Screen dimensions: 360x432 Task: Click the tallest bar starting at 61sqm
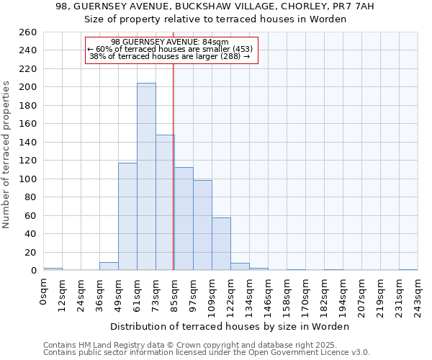pos(146,176)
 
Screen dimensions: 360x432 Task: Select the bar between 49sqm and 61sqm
pos(127,216)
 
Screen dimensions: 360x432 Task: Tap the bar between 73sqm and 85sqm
pos(165,202)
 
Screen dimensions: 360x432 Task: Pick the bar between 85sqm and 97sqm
pos(184,219)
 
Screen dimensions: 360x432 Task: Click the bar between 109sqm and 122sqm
pos(221,243)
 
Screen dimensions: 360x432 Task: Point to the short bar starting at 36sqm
pos(109,266)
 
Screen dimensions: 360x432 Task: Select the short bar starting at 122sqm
pos(240,266)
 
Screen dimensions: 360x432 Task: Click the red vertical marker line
pos(174,166)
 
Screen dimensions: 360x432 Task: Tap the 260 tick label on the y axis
pos(28,32)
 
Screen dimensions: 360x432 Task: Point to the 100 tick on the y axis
pos(28,179)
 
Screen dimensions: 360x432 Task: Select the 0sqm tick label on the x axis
pos(44,290)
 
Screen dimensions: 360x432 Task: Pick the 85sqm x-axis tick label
pos(174,292)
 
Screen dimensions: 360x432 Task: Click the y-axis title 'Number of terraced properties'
pos(6,155)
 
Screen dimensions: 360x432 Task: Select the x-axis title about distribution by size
pos(230,326)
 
